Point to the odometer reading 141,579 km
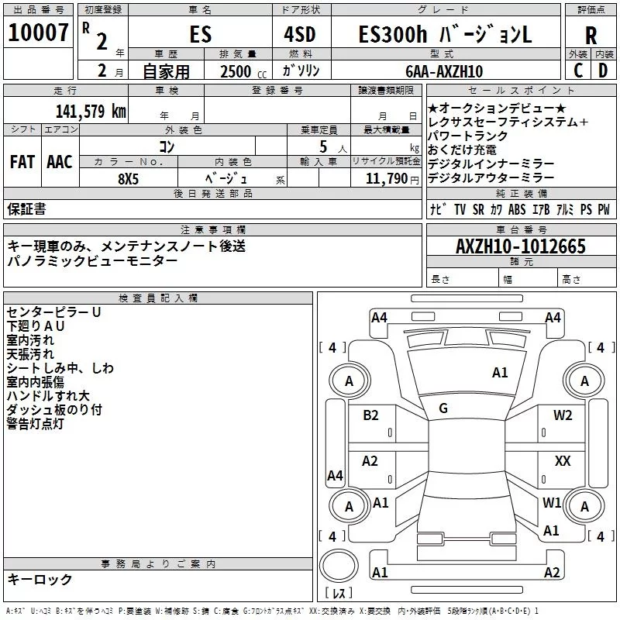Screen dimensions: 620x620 pos(91,111)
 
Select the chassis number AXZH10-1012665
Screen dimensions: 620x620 pos(520,246)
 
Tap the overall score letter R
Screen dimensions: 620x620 pos(591,36)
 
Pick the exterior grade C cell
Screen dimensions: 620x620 pos(577,71)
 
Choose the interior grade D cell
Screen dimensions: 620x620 pos(603,71)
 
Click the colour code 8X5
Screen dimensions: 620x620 pos(129,178)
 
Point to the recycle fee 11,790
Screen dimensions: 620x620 pos(387,179)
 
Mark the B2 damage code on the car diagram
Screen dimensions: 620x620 pos(371,415)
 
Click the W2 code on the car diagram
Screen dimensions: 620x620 pos(563,415)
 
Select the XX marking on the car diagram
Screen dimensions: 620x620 pos(563,461)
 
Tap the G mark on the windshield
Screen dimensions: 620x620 pos(443,408)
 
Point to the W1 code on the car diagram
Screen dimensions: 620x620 pos(552,502)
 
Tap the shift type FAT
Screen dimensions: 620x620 pos(22,161)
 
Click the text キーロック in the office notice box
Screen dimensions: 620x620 pos(40,580)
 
